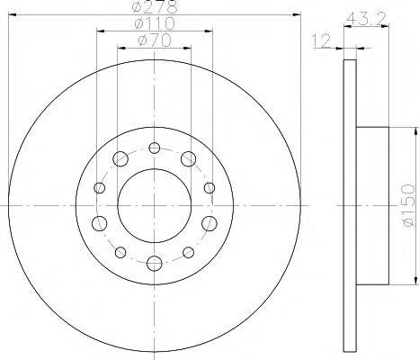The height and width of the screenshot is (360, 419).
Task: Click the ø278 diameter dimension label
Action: pos(155,6)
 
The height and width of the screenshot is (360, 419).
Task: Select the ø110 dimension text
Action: pos(155,23)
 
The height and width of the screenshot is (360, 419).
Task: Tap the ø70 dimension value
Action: pos(155,40)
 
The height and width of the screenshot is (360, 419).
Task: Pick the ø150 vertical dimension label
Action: pos(408,205)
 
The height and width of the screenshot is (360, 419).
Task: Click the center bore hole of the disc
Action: pos(155,205)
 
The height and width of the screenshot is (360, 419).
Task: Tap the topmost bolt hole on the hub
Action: pos(155,148)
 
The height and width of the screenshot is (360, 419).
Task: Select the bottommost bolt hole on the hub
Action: pos(155,264)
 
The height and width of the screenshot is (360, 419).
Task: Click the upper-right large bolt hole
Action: pos(189,158)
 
